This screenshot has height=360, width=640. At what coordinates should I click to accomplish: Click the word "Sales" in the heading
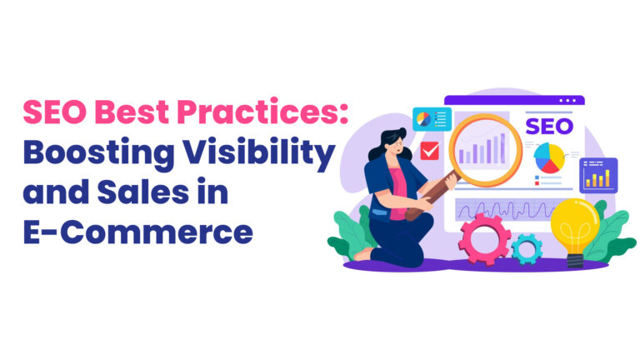(x=148, y=193)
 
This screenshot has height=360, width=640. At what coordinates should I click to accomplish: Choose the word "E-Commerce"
(x=137, y=232)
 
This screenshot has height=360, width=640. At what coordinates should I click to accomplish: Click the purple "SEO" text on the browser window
(x=549, y=127)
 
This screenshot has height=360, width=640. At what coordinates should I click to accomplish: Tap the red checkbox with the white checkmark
(x=431, y=150)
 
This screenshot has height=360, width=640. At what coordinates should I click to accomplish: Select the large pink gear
(x=485, y=237)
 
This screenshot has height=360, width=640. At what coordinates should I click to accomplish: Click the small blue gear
(x=527, y=247)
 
